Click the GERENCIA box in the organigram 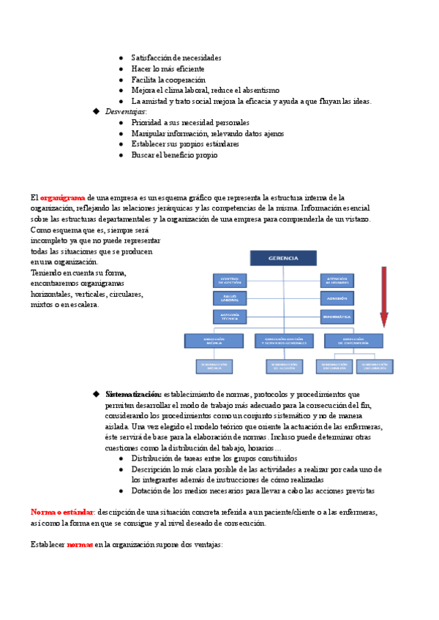(283, 258)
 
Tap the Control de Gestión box (230, 280)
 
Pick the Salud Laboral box (230, 298)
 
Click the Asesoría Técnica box (230, 317)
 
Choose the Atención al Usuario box (337, 280)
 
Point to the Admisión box (337, 298)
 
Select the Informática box (337, 317)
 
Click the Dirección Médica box (213, 341)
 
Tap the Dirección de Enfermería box (353, 341)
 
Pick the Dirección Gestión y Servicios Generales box (283, 341)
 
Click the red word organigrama (62, 197)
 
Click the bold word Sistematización (133, 394)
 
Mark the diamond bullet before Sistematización (95, 394)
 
